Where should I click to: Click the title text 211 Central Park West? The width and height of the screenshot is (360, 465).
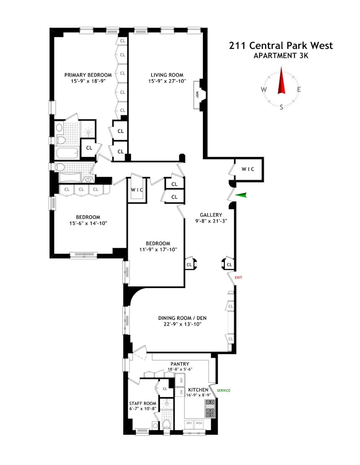coord(281,46)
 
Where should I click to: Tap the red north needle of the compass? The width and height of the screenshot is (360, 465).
coord(281,81)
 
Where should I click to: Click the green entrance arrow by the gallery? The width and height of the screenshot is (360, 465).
coord(241,195)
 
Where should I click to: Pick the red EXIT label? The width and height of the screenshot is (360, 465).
coord(238,277)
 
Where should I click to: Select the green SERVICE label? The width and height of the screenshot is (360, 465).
coord(223,391)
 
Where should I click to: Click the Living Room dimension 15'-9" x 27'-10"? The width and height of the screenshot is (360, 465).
coord(167,81)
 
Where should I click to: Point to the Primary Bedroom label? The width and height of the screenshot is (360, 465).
coord(88,74)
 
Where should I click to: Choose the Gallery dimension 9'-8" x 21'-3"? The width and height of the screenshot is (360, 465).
coord(211,221)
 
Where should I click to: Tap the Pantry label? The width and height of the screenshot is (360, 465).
coord(180,364)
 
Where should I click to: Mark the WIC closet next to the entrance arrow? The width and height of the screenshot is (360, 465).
coord(248,169)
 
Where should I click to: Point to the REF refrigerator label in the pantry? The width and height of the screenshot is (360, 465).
coord(181,380)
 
